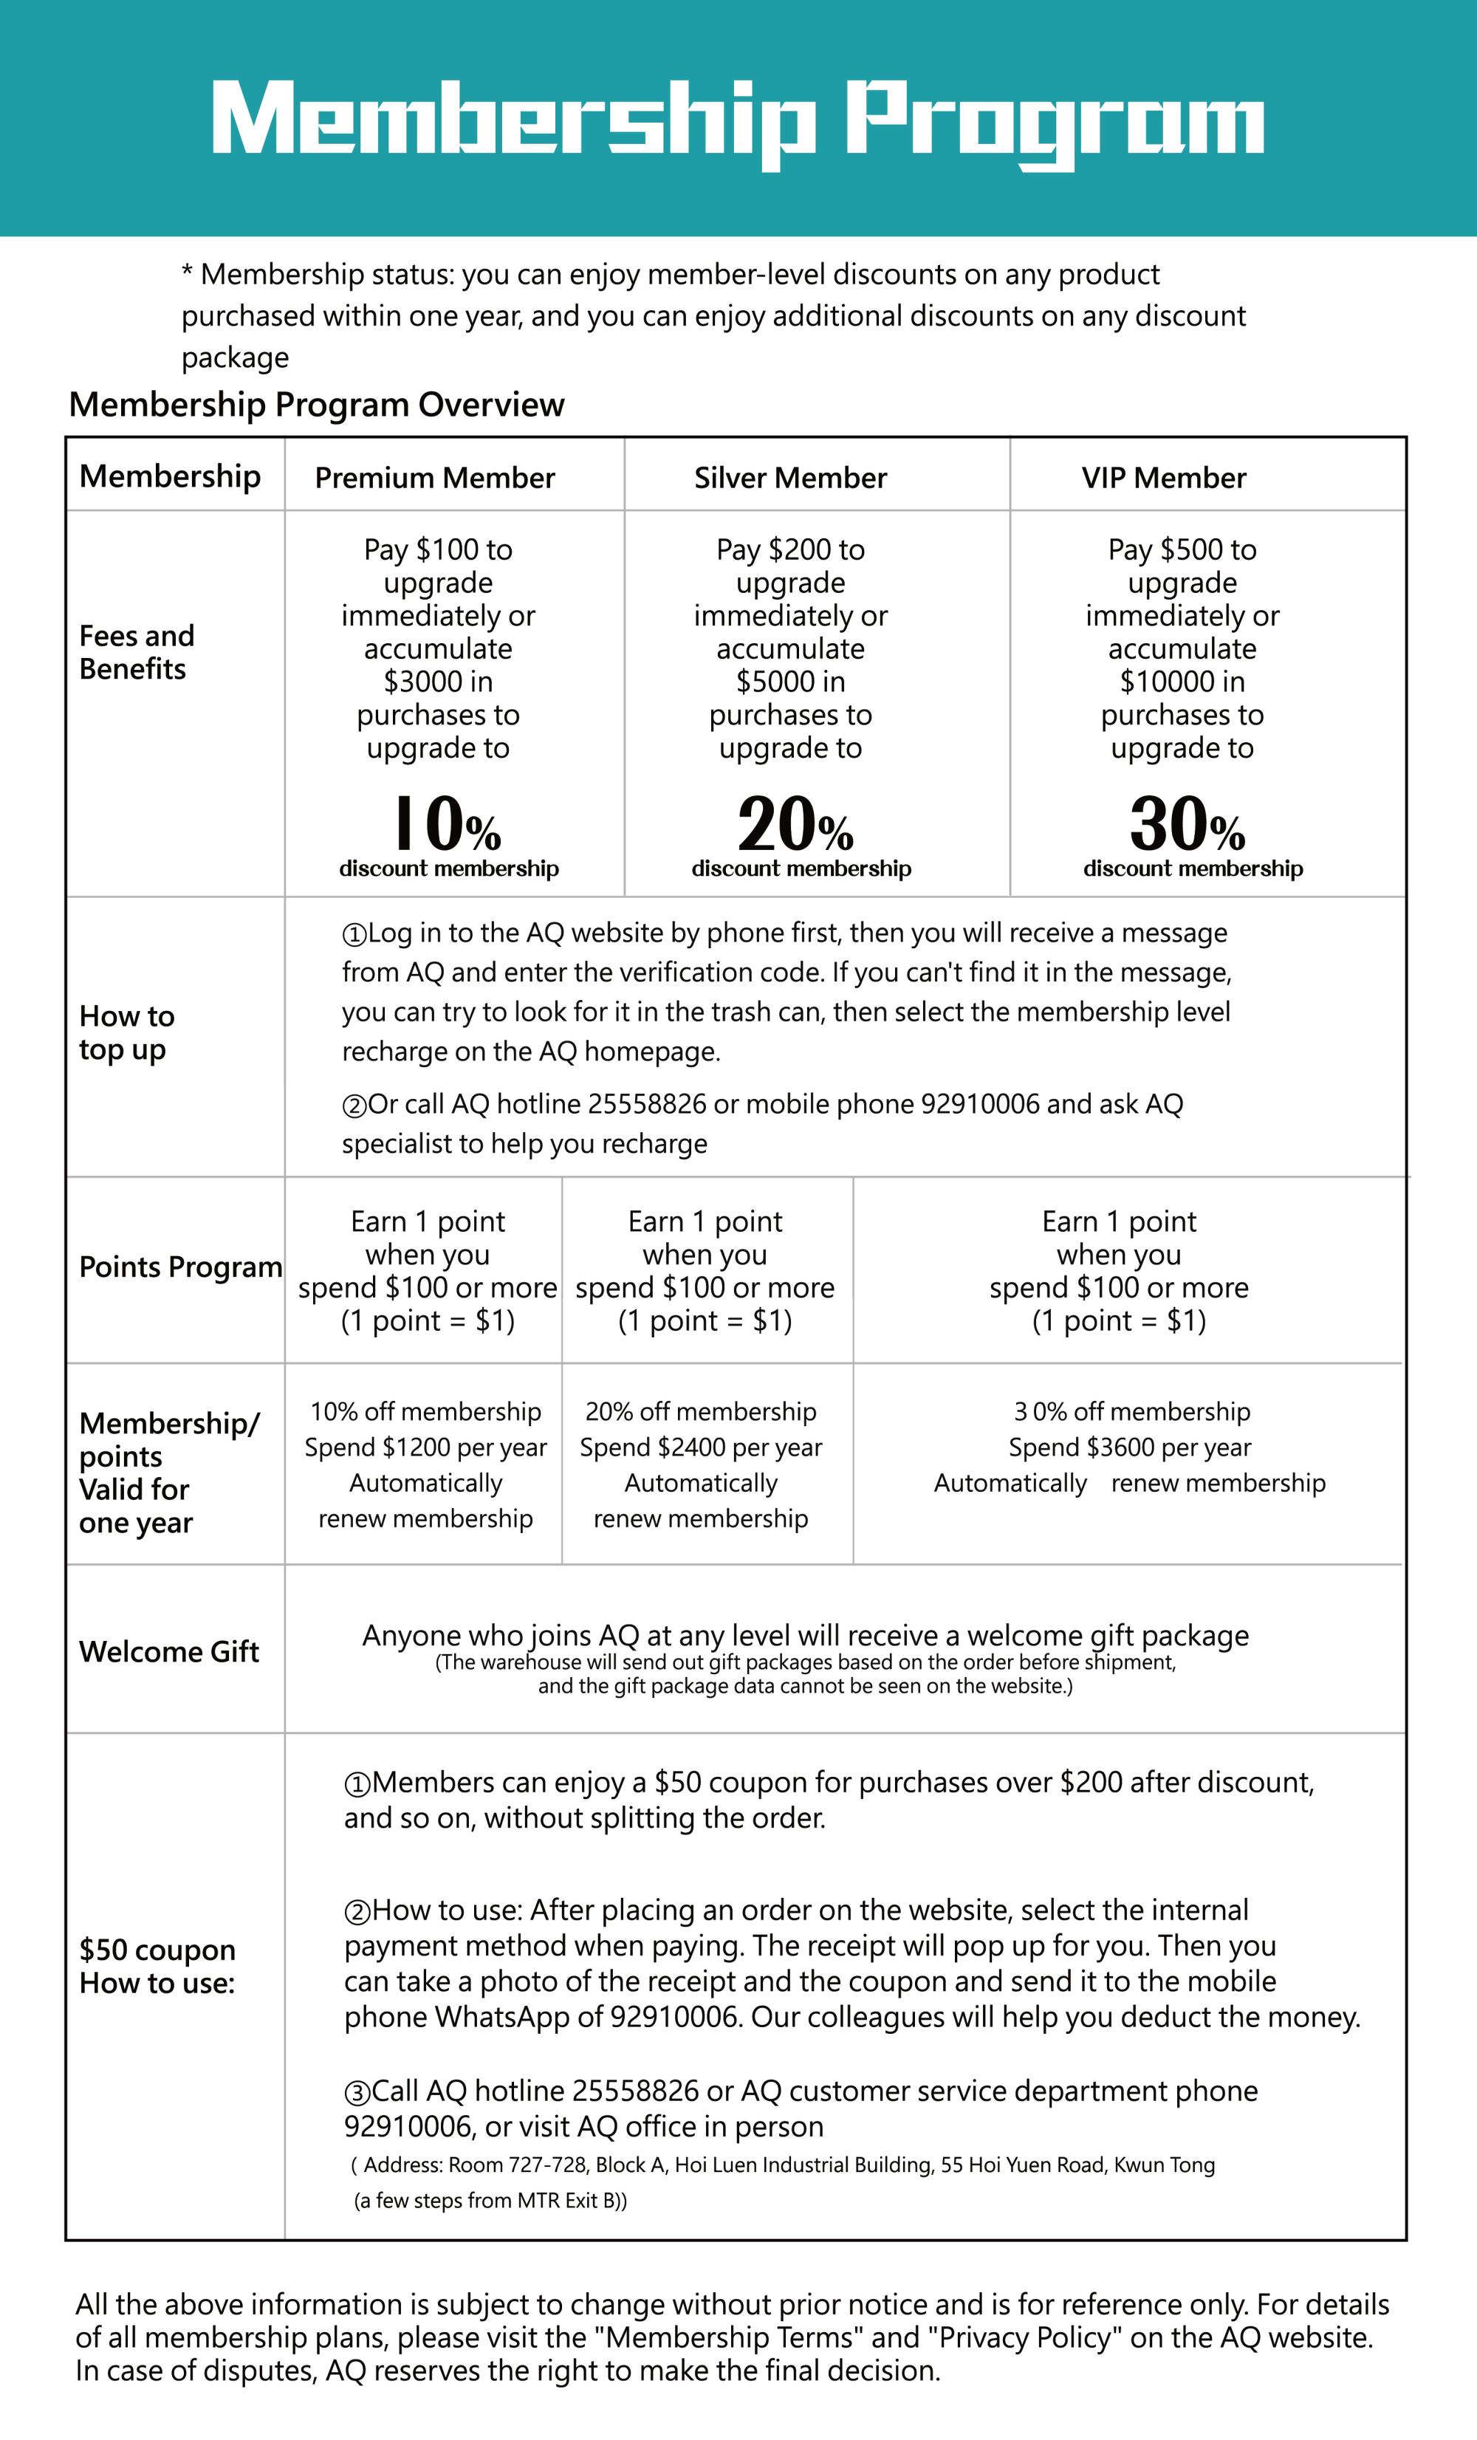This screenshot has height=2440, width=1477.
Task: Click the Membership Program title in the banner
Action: tap(738, 121)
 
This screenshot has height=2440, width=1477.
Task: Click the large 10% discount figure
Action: tap(448, 824)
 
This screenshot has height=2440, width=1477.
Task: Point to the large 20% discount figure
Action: tap(795, 824)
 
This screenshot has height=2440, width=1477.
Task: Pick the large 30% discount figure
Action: tap(1187, 824)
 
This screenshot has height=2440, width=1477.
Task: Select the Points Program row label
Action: tap(180, 1267)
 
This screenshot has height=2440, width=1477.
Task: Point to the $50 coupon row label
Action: tap(157, 1966)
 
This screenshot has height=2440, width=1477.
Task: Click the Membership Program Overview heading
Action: tap(317, 404)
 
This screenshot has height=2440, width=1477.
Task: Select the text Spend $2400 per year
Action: tap(701, 1447)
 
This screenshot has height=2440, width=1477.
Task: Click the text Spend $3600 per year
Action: tap(1129, 1447)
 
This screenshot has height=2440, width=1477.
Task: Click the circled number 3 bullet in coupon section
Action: tap(357, 2092)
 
